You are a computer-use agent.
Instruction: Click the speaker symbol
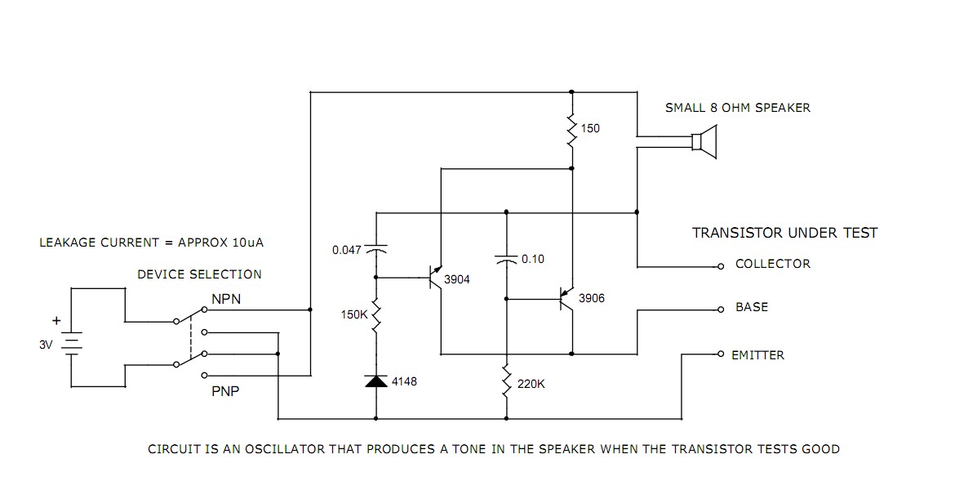point(704,140)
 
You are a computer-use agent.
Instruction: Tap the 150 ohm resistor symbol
point(572,128)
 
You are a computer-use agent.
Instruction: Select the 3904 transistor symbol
point(435,278)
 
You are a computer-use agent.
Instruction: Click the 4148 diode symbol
point(376,381)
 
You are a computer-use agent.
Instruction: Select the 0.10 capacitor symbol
point(506,260)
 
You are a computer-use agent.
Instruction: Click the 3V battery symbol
point(72,344)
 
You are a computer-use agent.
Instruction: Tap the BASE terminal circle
point(721,310)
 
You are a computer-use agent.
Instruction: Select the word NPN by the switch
point(226,300)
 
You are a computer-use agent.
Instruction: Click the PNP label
point(226,391)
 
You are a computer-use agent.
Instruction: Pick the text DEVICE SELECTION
point(199,274)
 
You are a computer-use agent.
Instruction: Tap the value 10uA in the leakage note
point(247,243)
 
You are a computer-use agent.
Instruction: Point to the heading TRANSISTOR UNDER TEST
point(784,233)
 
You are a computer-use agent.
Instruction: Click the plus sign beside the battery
point(56,321)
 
